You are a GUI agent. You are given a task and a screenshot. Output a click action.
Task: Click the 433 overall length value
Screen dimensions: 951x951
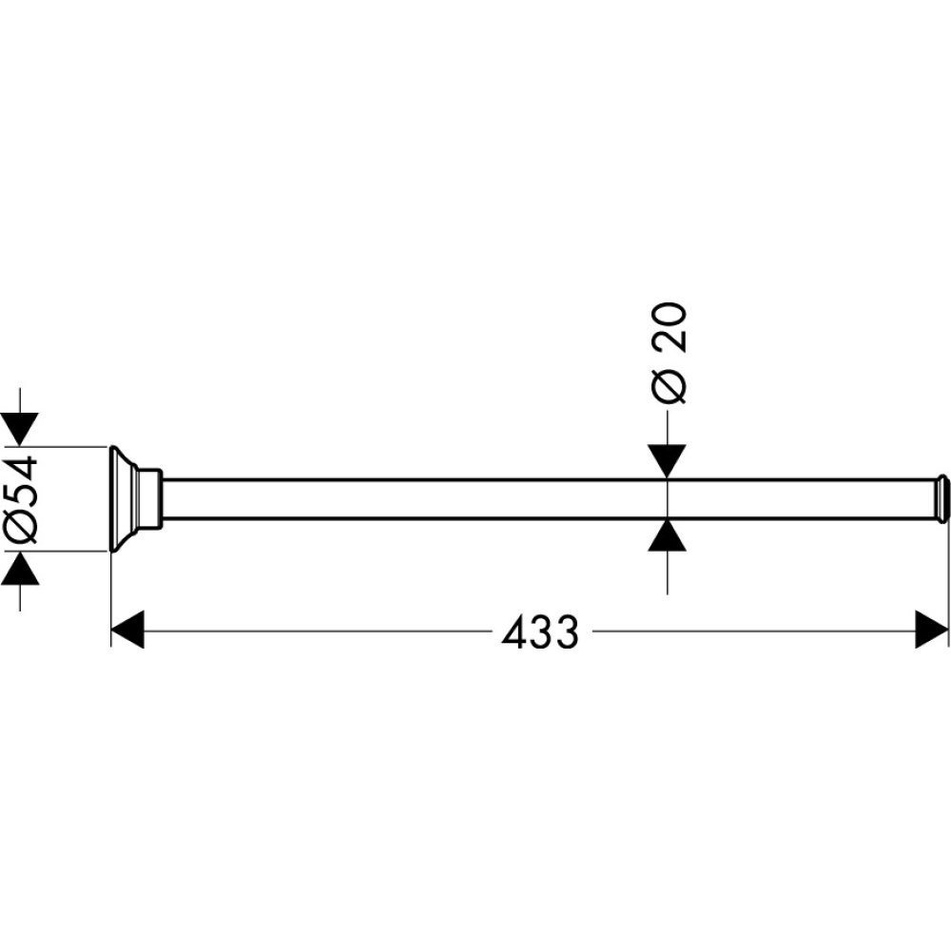(x=540, y=631)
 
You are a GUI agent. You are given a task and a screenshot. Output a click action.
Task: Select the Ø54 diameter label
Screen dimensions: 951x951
(x=22, y=498)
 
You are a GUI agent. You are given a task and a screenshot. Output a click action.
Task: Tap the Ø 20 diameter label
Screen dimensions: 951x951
(x=669, y=353)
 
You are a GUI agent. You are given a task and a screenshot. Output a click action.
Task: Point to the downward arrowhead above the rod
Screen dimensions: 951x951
(x=669, y=462)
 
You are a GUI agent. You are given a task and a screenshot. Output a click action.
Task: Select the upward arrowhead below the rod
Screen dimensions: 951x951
(x=669, y=536)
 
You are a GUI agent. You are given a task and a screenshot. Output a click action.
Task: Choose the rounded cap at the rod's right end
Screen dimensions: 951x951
(x=941, y=498)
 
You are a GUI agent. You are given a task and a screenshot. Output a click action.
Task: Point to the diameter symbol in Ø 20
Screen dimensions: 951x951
(x=669, y=386)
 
